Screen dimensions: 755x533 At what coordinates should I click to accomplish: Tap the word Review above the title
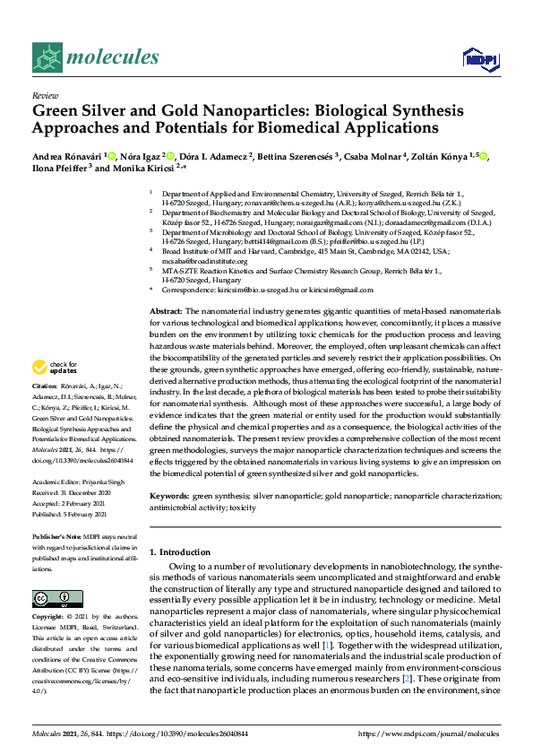44,94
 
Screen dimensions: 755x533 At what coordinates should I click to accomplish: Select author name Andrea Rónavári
67,156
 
